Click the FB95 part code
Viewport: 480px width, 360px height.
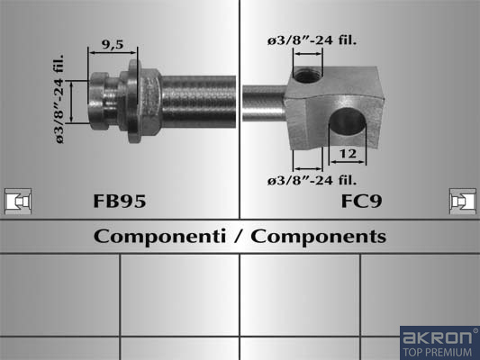click(x=120, y=202)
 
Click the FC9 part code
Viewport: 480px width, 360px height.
click(x=361, y=202)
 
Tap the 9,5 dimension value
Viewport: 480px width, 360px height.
click(x=113, y=45)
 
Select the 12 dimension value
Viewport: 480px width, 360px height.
click(x=348, y=154)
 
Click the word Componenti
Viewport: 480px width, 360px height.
click(x=159, y=237)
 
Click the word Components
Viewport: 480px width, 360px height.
click(x=319, y=237)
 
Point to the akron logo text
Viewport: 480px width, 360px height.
click(x=437, y=337)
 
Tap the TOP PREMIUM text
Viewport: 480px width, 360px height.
click(x=437, y=352)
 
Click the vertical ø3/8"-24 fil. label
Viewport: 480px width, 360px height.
click(x=59, y=99)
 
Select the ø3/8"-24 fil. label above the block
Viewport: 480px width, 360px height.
click(x=312, y=40)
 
